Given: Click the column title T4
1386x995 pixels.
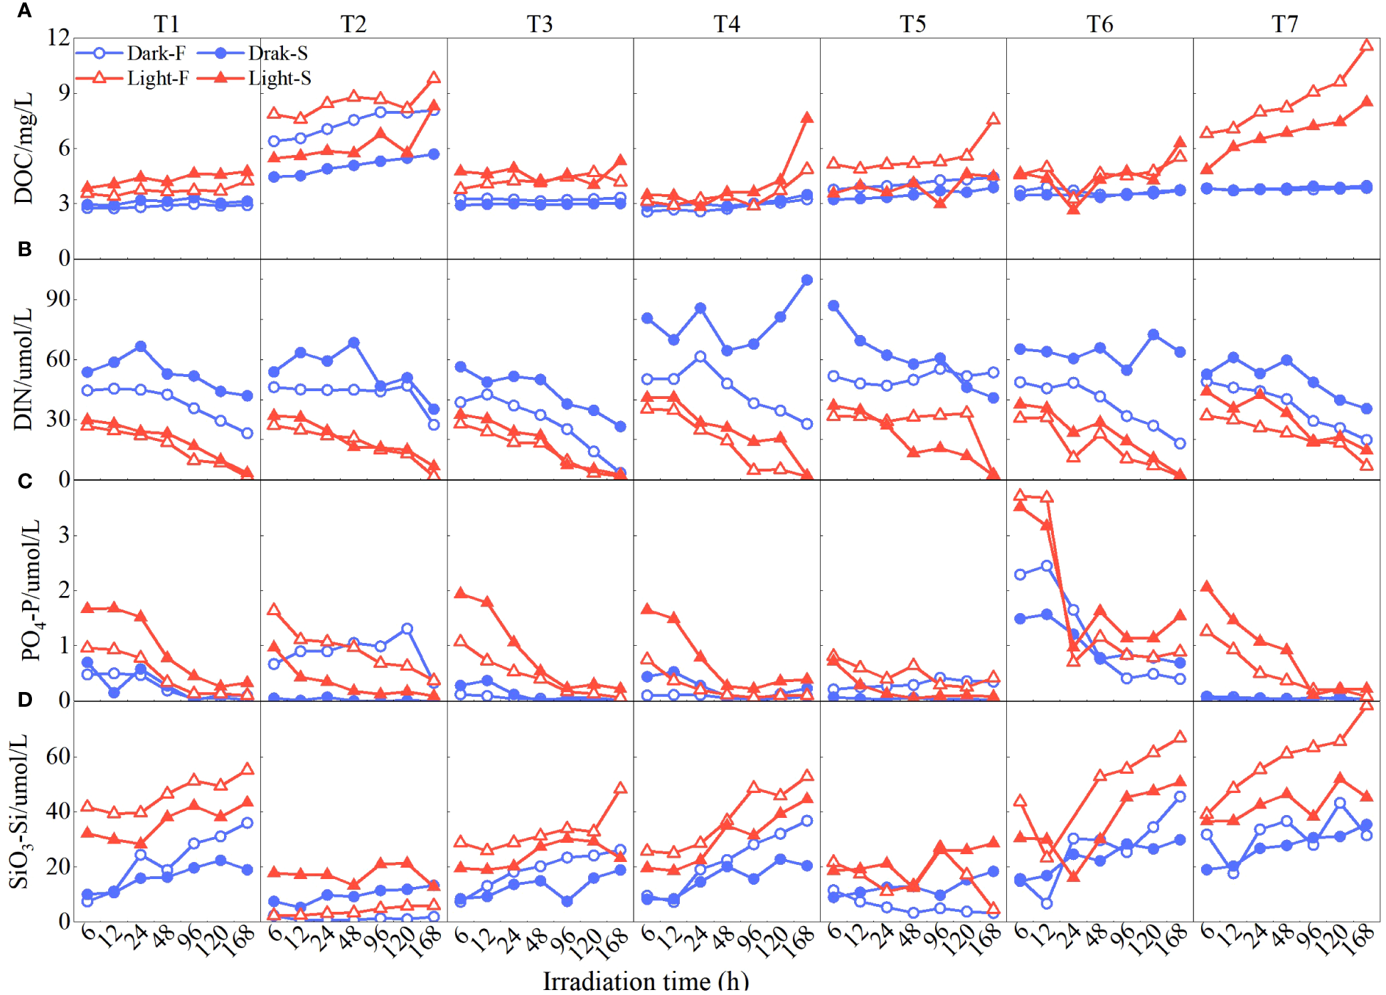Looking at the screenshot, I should pyautogui.click(x=726, y=24).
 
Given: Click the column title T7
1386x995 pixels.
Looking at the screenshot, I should pyautogui.click(x=1285, y=24).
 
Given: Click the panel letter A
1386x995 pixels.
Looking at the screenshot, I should pyautogui.click(x=25, y=11).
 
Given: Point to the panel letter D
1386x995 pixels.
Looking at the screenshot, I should pyautogui.click(x=25, y=700).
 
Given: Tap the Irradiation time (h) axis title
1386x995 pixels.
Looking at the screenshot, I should pyautogui.click(x=646, y=981).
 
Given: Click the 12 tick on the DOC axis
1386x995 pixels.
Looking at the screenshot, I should pyautogui.click(x=58, y=38).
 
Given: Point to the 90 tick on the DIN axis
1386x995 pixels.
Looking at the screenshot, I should pyautogui.click(x=58, y=299).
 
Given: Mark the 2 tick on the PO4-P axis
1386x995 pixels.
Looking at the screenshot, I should pyautogui.click(x=64, y=590).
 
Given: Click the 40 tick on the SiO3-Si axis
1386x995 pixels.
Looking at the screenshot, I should pyautogui.click(x=58, y=812).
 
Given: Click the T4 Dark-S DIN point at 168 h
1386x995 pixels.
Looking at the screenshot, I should pyautogui.click(x=806, y=280).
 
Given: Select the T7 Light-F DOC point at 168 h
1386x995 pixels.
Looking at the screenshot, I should pyautogui.click(x=1366, y=46).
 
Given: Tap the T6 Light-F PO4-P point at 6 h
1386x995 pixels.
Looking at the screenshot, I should pyautogui.click(x=1020, y=495).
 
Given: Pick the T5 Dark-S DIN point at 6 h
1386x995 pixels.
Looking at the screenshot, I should pyautogui.click(x=833, y=306).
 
